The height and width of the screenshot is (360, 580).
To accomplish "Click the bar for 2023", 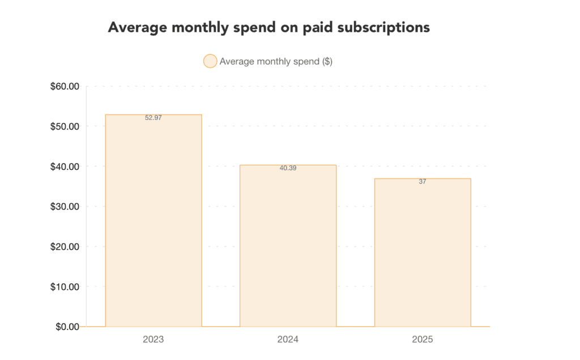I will (x=153, y=221).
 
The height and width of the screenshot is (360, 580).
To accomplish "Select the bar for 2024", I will (x=288, y=246).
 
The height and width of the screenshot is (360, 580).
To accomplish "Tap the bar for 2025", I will (x=423, y=252).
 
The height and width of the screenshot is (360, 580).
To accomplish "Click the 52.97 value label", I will (x=153, y=118).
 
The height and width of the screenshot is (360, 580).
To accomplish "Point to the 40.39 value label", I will (x=288, y=168).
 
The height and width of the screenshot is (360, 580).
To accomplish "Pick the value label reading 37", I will (x=423, y=182).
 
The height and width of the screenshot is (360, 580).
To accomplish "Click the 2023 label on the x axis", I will (x=153, y=340).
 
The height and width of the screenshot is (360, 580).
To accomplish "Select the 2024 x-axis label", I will (x=288, y=340).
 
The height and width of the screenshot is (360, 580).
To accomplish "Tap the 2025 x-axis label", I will (x=423, y=340).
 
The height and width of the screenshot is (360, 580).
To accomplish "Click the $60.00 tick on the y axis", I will (x=65, y=86).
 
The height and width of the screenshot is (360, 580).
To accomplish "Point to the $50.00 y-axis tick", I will (x=65, y=126).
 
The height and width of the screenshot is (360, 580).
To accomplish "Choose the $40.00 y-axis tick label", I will (x=65, y=166).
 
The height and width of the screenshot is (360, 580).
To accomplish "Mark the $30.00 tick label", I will (x=65, y=207).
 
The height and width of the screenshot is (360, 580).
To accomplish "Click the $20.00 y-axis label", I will (x=65, y=247).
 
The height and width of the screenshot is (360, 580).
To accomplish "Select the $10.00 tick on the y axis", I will (x=65, y=286).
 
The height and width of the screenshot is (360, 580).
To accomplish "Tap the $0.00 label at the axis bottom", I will (x=67, y=327).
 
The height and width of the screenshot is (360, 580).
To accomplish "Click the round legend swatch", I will (x=210, y=61).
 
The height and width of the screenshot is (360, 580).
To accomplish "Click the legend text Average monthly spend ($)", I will (x=276, y=61).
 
